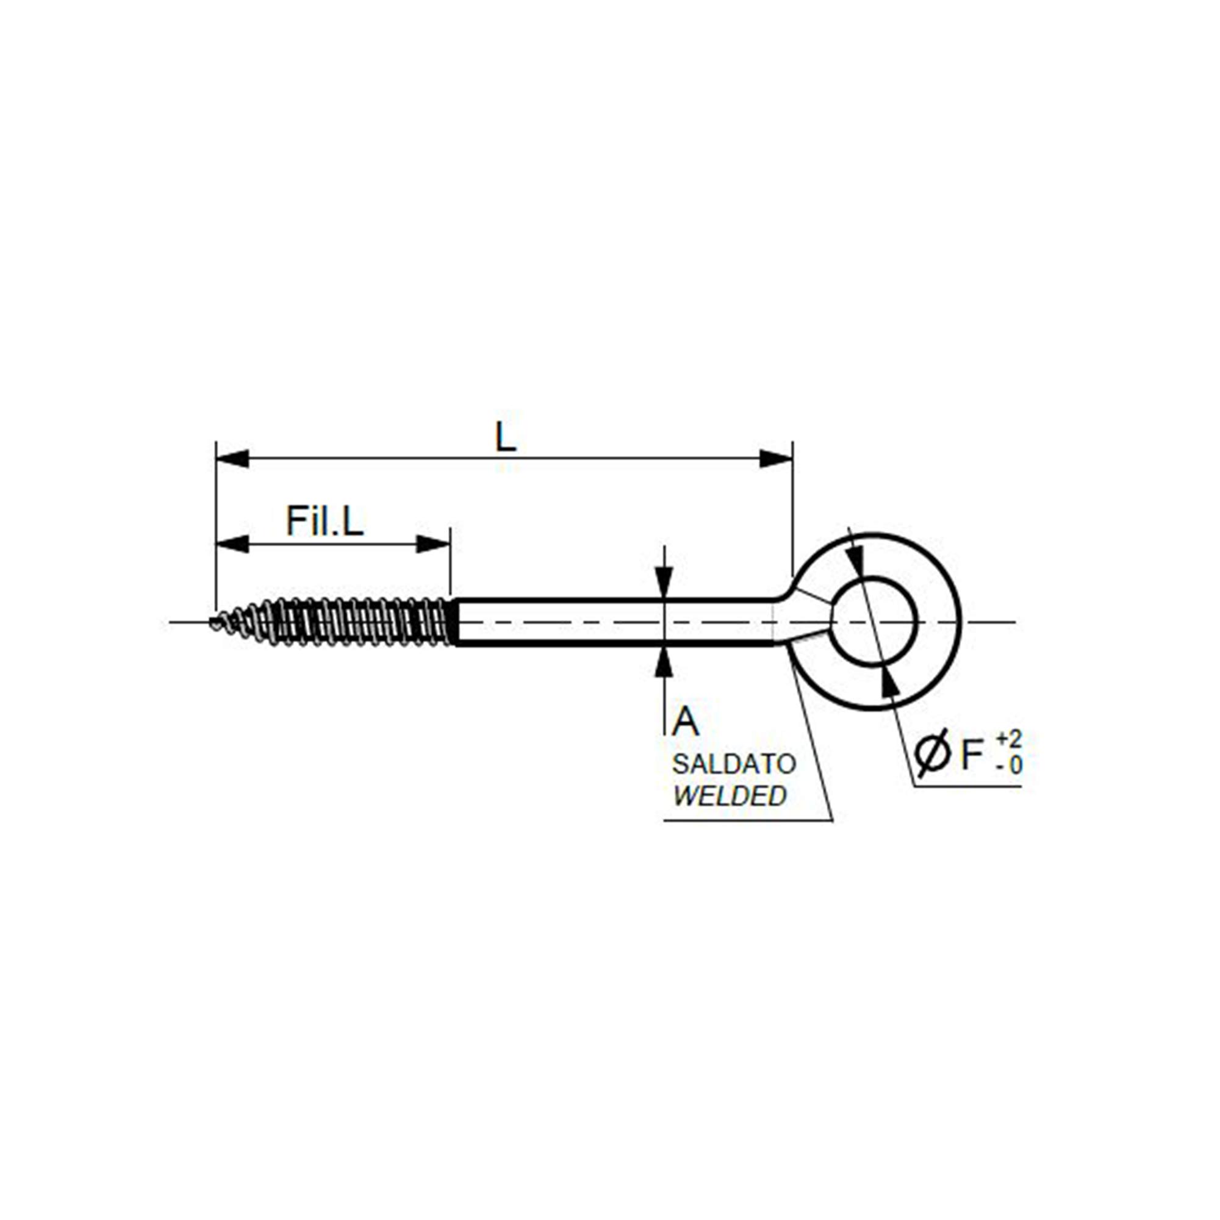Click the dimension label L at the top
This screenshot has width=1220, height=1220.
coord(505,437)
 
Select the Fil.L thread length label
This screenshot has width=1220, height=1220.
coord(325,521)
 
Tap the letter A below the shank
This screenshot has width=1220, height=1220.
coord(685,722)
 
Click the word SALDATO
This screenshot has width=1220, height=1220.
coord(734,765)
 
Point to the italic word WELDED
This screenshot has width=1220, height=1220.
coord(730,796)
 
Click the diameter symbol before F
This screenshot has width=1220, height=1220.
coord(932,753)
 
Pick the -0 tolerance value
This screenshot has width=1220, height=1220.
coord(1010,766)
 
